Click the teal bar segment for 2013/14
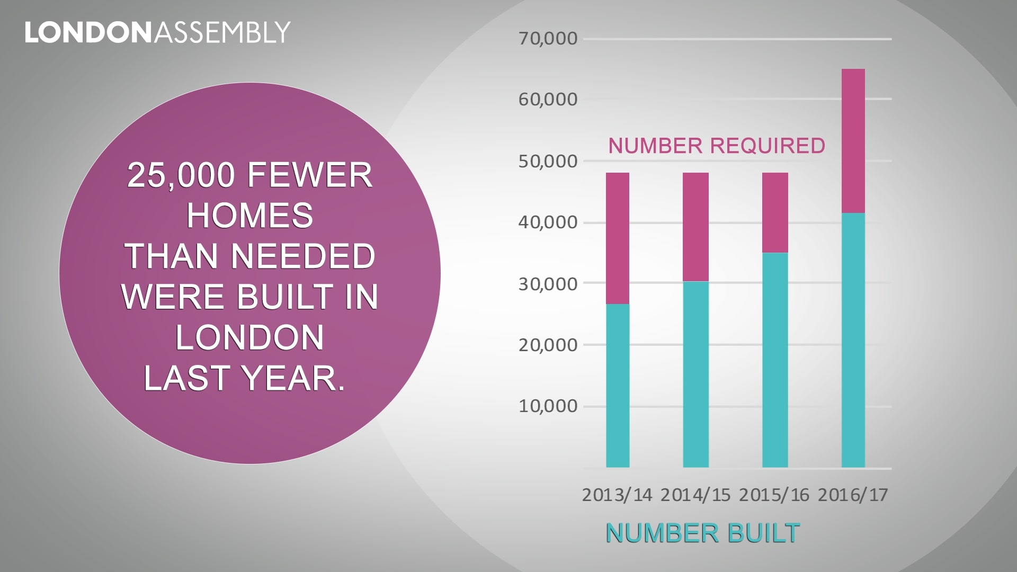point(618,386)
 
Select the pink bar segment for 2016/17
point(853,141)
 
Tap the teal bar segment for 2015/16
point(775,360)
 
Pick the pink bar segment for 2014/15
point(695,227)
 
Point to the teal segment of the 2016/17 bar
point(853,340)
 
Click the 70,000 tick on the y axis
point(548,39)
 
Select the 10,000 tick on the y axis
point(548,406)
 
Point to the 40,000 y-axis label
point(548,222)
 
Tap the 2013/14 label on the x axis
point(617,495)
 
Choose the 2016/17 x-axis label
point(853,495)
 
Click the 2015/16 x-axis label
point(774,495)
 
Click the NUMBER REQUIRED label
point(717,146)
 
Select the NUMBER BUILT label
point(702,533)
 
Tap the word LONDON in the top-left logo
point(88,33)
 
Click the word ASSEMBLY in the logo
point(222,33)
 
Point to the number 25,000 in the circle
point(181,175)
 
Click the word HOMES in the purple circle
point(249,216)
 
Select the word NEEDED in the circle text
point(303,256)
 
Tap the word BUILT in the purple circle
point(284,297)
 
